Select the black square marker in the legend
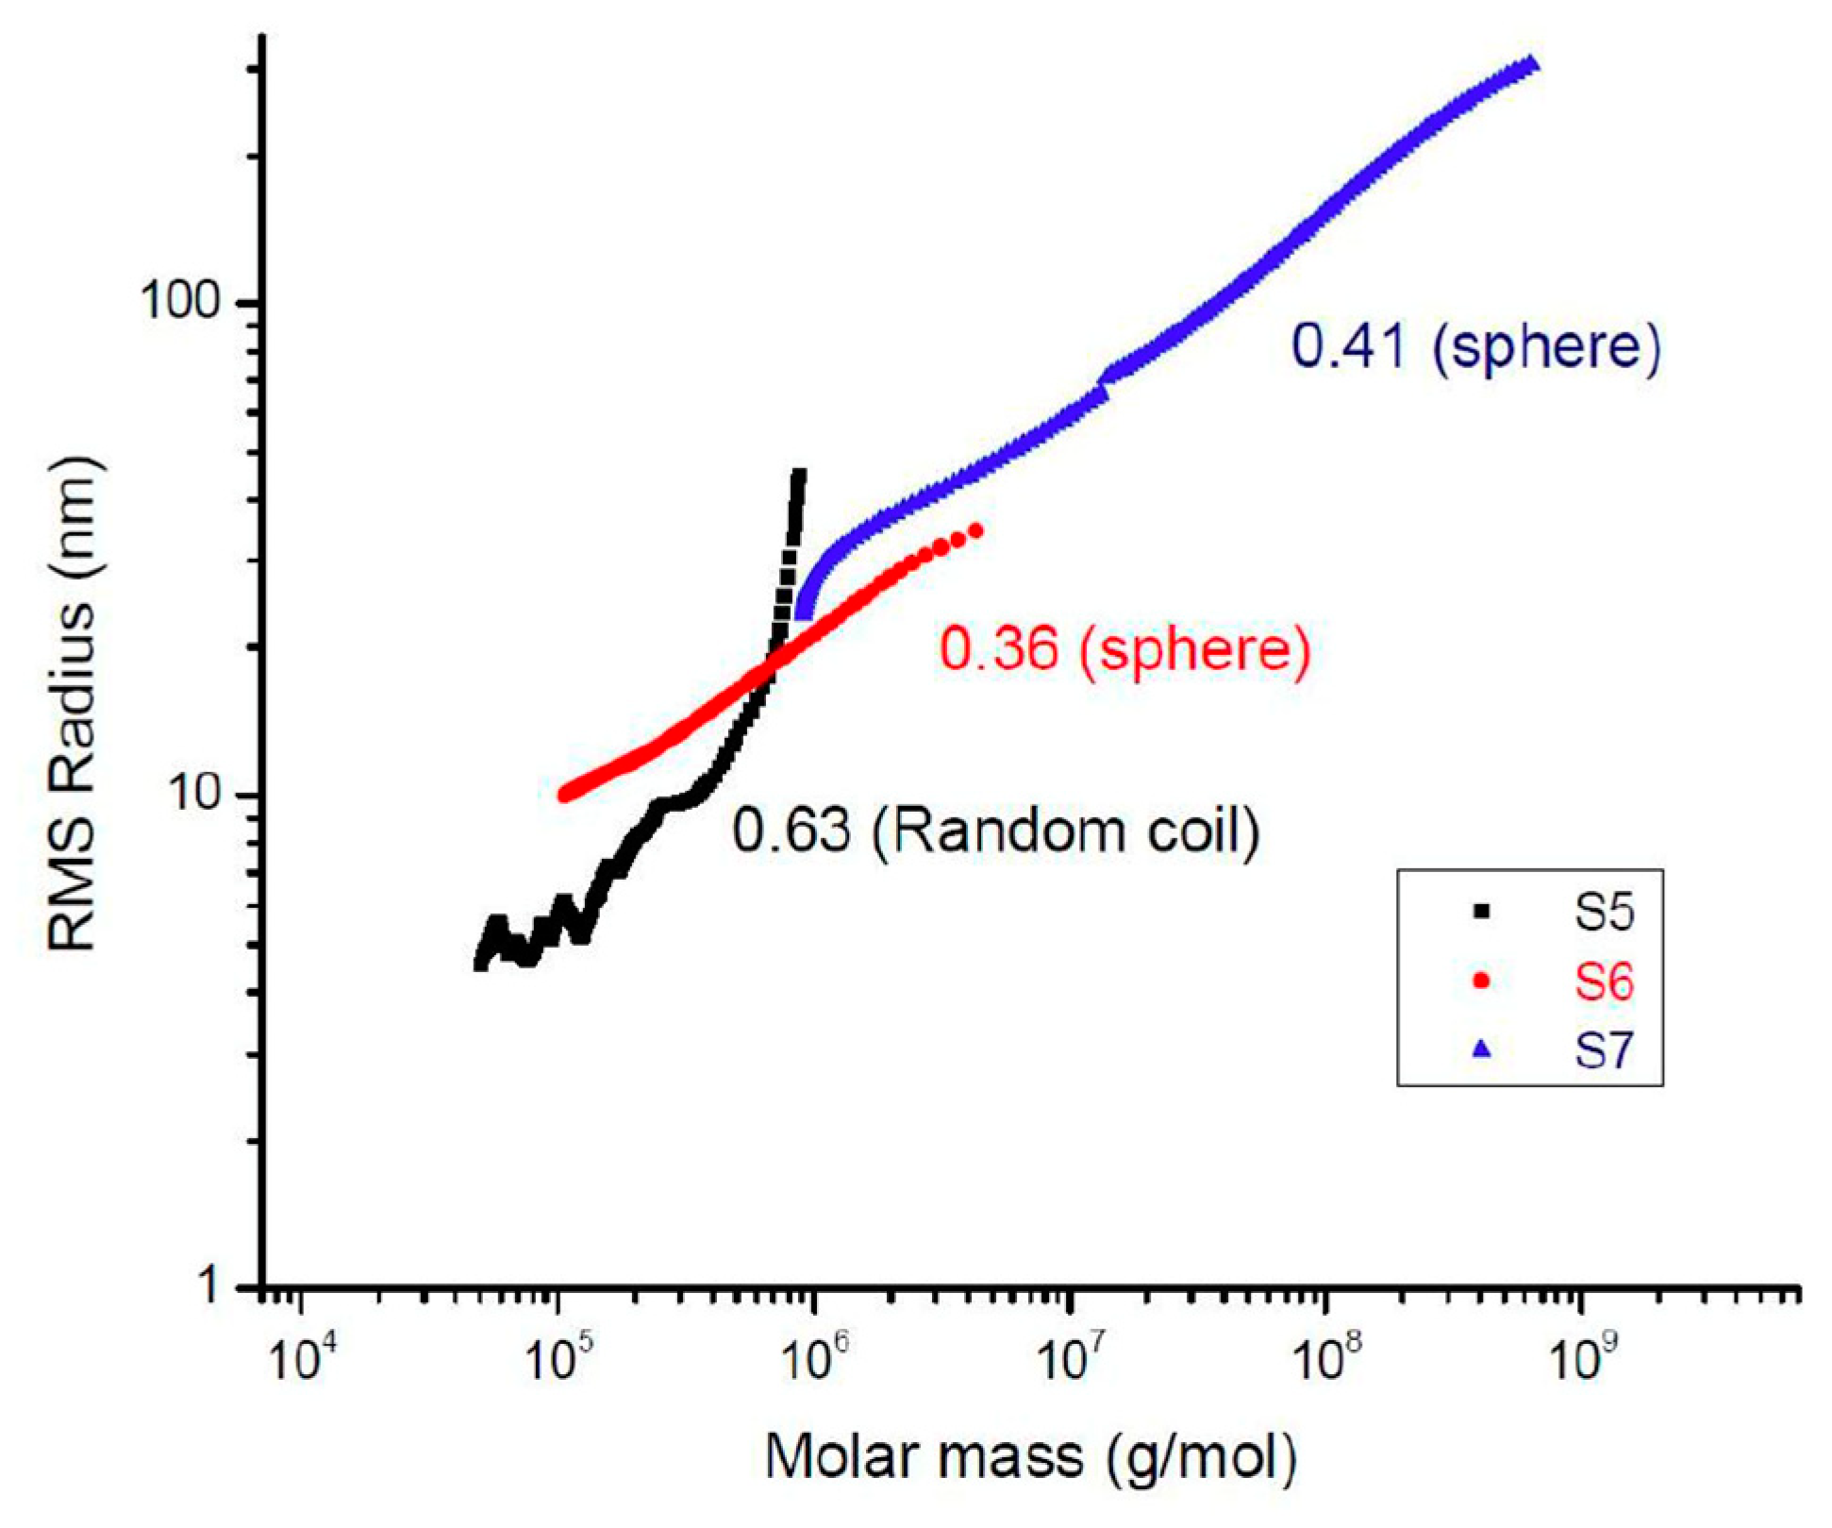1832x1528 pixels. (x=1481, y=912)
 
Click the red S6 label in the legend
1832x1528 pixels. (x=1603, y=982)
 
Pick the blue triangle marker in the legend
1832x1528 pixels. (x=1481, y=1049)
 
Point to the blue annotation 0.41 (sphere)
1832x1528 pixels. (x=1474, y=345)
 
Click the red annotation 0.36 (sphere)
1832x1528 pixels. (x=1124, y=649)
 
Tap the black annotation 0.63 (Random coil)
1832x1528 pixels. (x=996, y=831)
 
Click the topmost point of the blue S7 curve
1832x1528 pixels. (x=1532, y=64)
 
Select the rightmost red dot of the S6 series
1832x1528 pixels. (x=976, y=531)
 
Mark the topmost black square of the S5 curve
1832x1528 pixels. (x=799, y=475)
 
